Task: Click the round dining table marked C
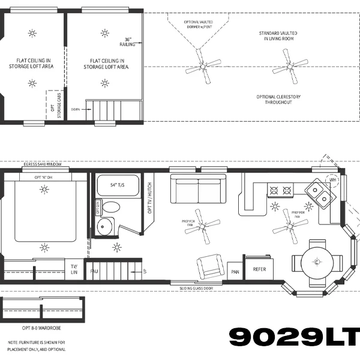pyautogui.click(x=316, y=262)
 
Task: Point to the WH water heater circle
pyautogui.click(x=333, y=179)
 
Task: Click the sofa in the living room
pyautogui.click(x=198, y=190)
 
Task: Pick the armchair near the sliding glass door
pyautogui.click(x=210, y=265)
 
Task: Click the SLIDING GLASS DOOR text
pyautogui.click(x=205, y=288)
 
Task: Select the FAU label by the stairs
pyautogui.click(x=94, y=271)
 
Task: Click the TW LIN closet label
pyautogui.click(x=74, y=269)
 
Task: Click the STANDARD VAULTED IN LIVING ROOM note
pyautogui.click(x=277, y=35)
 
